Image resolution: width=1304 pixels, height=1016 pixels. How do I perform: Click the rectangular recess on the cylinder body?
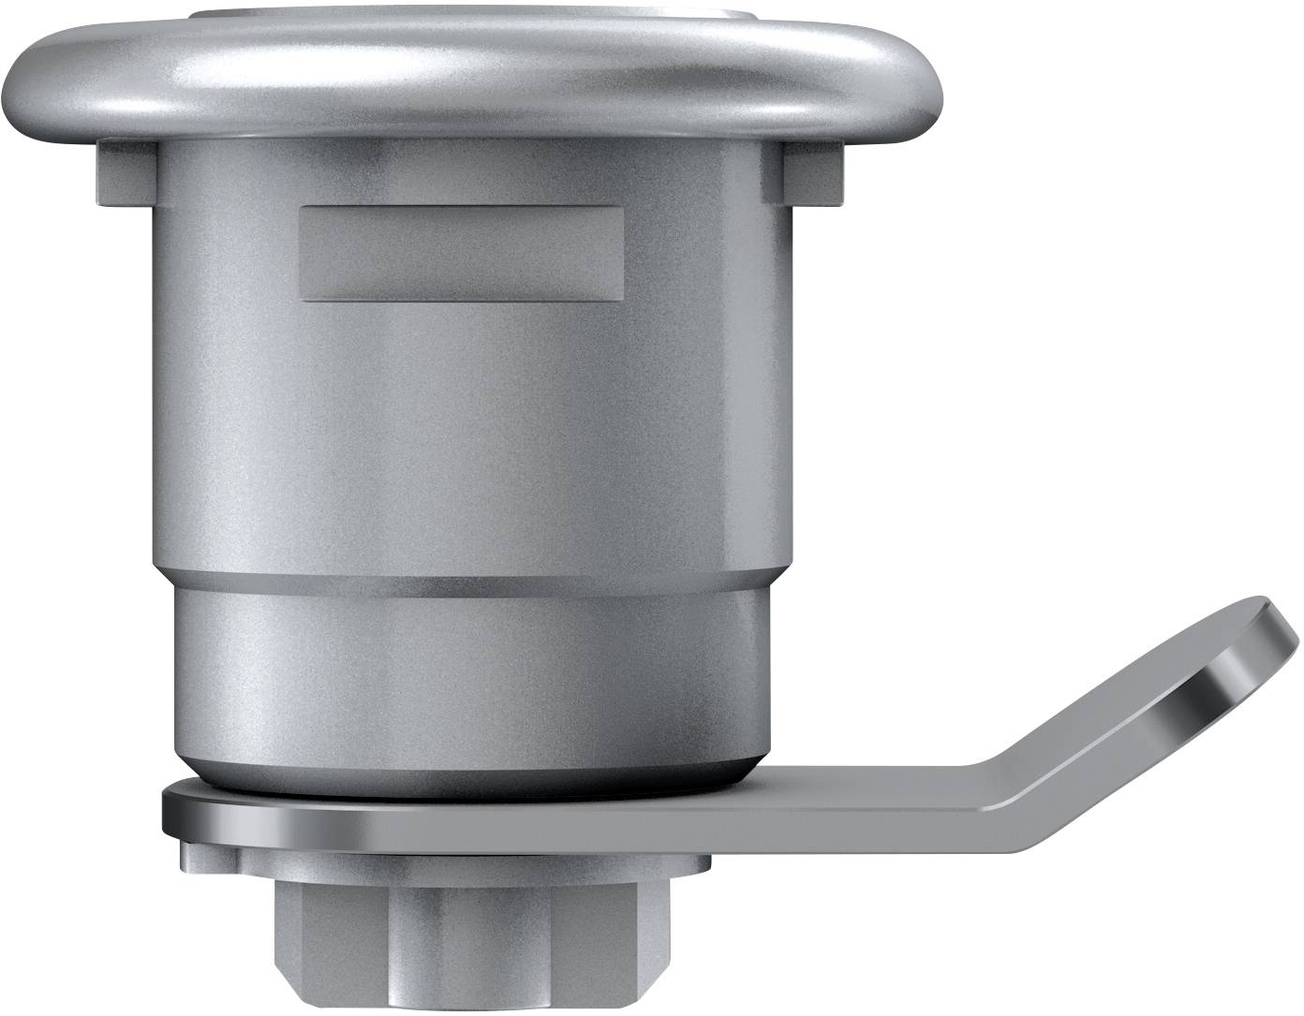[x=461, y=254]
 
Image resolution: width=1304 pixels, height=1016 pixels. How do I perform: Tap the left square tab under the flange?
[x=122, y=174]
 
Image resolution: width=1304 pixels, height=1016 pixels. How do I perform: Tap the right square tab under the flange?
[x=811, y=174]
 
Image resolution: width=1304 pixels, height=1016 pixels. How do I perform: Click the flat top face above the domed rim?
[x=473, y=15]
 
